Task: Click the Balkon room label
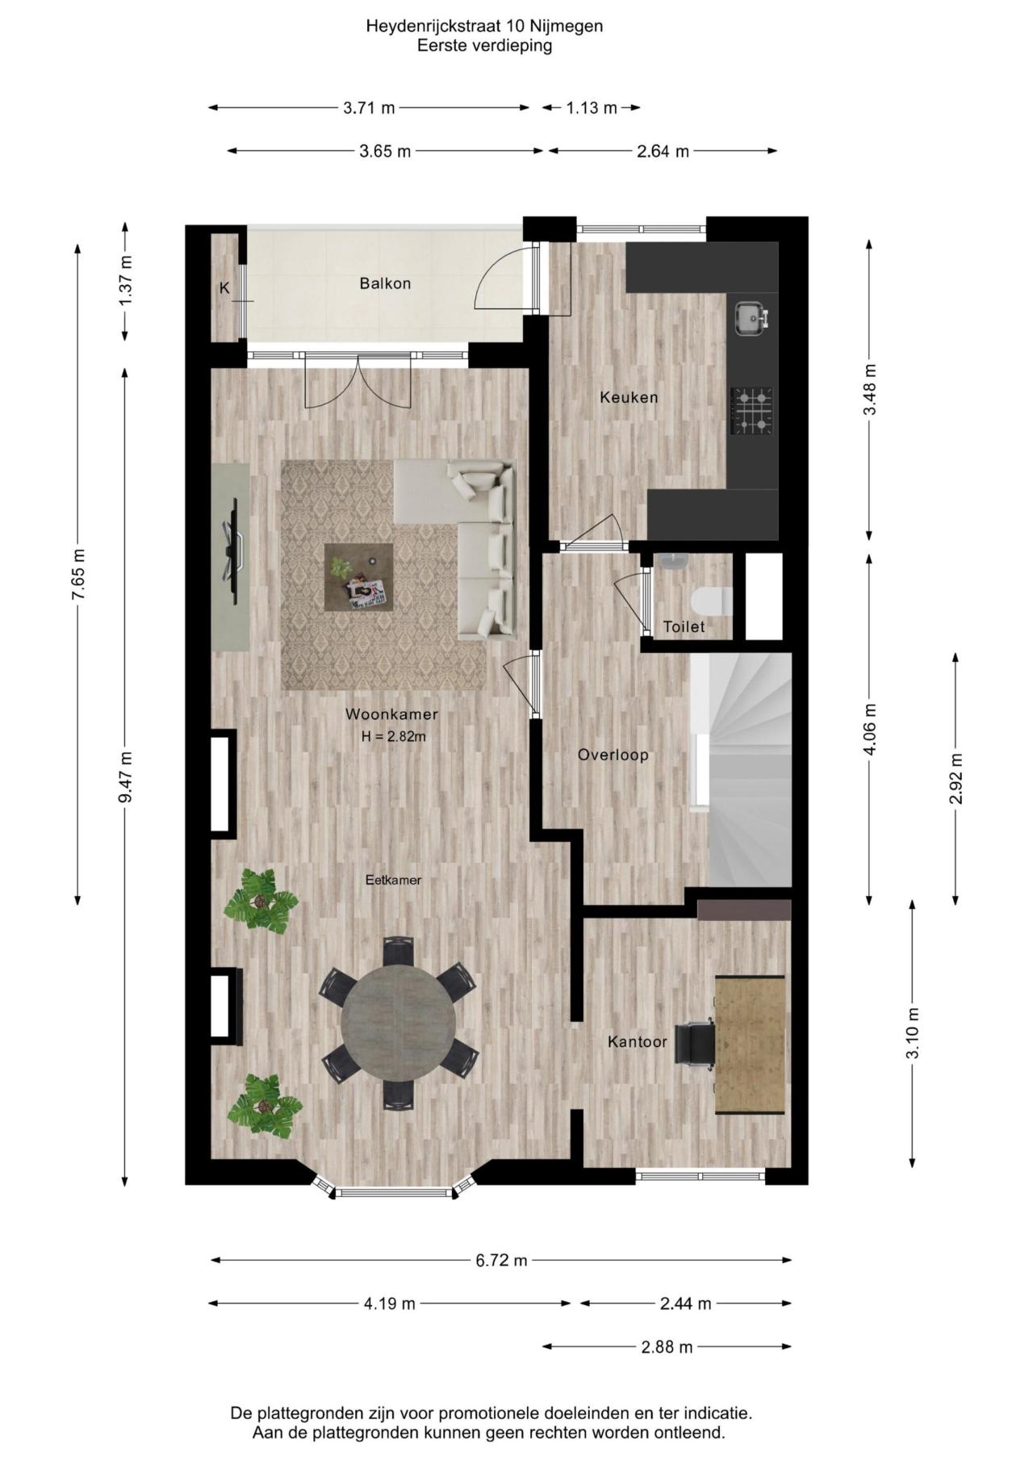385,283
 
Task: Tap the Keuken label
629,397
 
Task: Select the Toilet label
684,626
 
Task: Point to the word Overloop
613,755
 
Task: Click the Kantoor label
638,1042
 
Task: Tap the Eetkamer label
393,880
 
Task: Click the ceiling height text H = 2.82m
393,736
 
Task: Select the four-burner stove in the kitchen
751,411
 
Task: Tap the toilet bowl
711,601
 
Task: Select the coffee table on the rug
358,577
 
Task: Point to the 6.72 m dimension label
501,1260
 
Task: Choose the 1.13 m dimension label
592,107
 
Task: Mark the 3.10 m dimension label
913,1034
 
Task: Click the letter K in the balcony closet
224,288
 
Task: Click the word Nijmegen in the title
569,26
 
